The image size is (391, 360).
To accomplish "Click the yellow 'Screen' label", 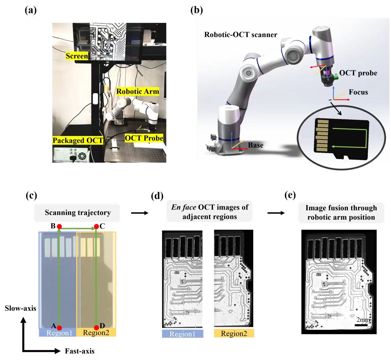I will [77, 56].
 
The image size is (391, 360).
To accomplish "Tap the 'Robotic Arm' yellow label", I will [137, 91].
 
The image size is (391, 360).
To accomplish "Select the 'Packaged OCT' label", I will [78, 141].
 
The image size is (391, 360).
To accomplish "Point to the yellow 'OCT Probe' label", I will [144, 138].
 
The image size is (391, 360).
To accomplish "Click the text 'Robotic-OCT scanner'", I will [241, 35].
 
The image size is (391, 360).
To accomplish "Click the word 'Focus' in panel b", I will [358, 92].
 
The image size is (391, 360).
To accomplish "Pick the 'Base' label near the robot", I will [256, 145].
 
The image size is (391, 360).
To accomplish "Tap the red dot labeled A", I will [59, 328].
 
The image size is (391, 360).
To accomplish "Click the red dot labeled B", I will [59, 227].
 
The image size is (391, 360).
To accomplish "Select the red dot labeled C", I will [96, 227].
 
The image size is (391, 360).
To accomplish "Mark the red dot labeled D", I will [96, 328].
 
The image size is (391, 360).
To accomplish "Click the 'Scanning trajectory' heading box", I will [77, 213].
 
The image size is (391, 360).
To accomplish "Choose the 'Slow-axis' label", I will [20, 308].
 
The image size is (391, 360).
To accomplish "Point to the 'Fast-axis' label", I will [79, 351].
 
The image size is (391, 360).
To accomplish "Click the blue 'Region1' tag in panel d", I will [183, 334].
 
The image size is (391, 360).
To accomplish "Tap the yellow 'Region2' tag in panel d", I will [234, 333].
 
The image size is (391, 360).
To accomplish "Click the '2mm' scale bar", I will [361, 325].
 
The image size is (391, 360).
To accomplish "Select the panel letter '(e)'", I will [290, 195].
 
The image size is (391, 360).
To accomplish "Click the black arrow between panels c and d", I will [140, 213].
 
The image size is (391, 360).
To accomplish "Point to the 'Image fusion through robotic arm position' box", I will [341, 213].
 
